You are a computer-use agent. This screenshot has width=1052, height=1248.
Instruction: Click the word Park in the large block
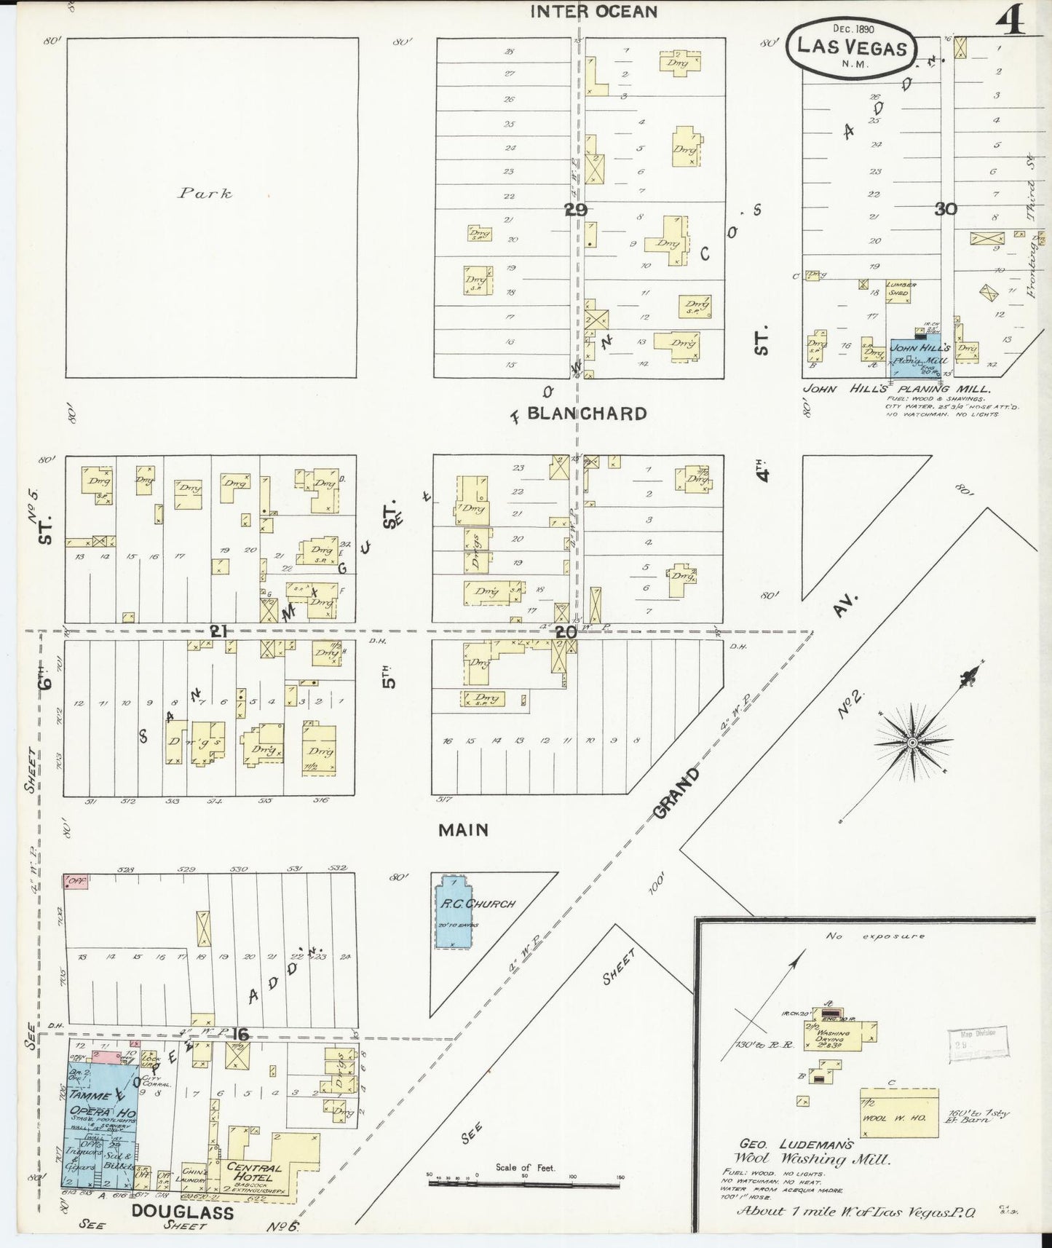pos(205,194)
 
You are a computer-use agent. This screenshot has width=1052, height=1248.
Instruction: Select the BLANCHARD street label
pos(586,414)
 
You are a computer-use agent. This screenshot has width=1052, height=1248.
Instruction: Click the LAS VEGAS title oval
pos(852,47)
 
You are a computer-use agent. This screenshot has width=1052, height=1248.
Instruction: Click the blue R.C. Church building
pos(453,915)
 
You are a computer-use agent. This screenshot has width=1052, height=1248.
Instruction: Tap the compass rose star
pos(912,742)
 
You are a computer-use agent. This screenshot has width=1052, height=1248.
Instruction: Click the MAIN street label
pos(463,829)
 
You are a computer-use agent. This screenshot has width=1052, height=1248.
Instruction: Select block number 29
pos(574,210)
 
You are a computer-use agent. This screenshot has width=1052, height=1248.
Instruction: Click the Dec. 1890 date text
pos(853,29)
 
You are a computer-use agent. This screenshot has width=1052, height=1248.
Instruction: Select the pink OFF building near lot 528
pos(74,882)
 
